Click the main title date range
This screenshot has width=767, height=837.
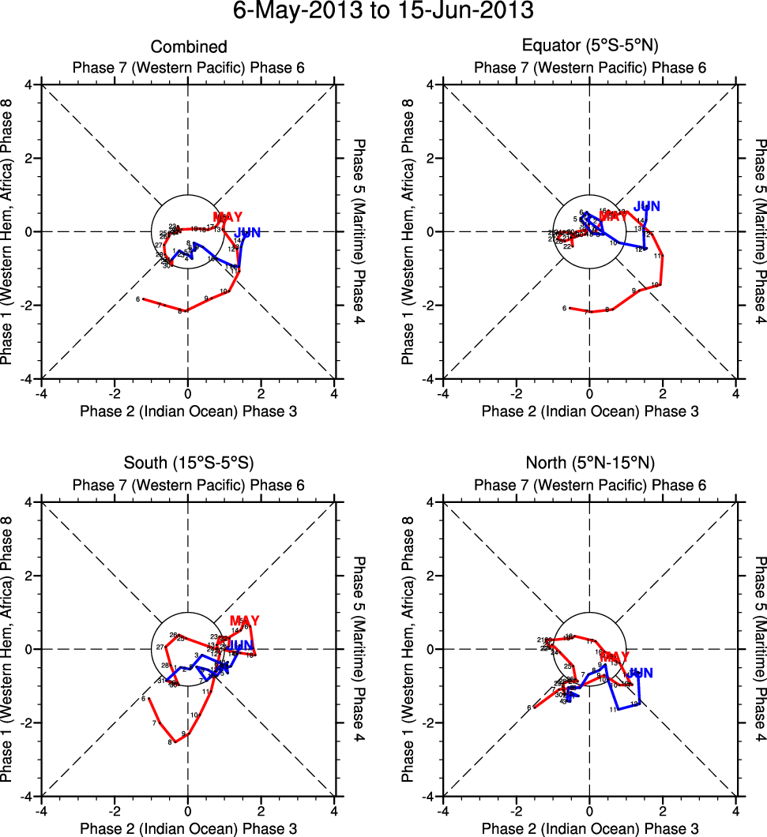point(383,12)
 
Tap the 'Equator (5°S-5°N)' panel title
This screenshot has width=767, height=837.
point(589,47)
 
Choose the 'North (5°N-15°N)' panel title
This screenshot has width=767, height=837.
point(589,463)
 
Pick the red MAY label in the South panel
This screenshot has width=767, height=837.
point(244,621)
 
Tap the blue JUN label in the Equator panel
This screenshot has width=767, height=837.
point(647,207)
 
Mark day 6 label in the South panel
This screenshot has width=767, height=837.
point(144,699)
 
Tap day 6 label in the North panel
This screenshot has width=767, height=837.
point(528,708)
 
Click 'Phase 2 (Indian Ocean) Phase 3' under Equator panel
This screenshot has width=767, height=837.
point(589,411)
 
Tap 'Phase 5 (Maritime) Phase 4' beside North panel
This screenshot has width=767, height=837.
point(760,649)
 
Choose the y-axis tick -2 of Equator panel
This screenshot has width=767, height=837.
point(428,306)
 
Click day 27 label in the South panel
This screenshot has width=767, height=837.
point(160,647)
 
